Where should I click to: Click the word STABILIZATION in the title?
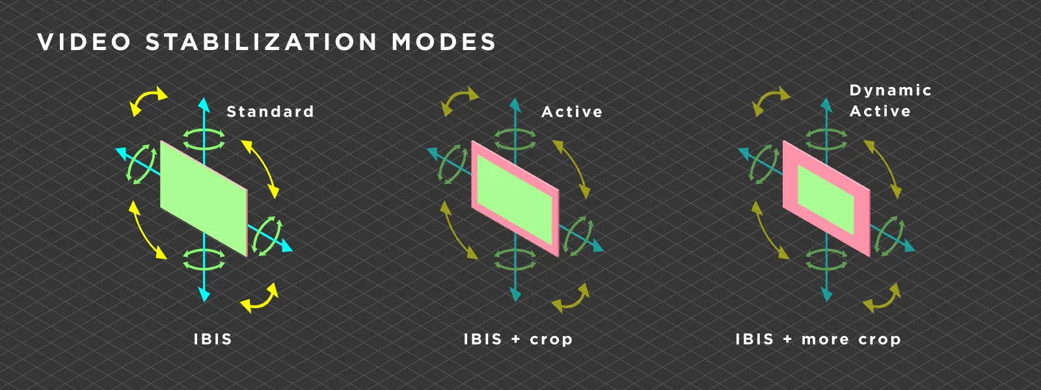(261, 42)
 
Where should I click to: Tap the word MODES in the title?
(444, 42)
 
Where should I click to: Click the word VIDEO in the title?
(85, 42)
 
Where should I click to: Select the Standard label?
(270, 112)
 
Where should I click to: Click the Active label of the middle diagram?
(572, 112)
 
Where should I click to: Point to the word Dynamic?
(890, 90)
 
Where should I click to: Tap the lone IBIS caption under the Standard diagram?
(213, 339)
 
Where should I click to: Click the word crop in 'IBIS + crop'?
(551, 339)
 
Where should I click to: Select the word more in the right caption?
(825, 339)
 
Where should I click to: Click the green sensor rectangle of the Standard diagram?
(203, 198)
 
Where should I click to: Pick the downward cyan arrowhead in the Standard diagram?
(204, 296)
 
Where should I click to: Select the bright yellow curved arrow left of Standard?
(148, 101)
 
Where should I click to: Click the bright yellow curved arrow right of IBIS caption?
(261, 298)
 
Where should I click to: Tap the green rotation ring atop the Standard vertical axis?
(204, 138)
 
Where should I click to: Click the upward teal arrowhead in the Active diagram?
(515, 105)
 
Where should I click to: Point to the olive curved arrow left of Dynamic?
(770, 101)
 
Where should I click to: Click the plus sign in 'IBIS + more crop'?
(787, 339)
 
